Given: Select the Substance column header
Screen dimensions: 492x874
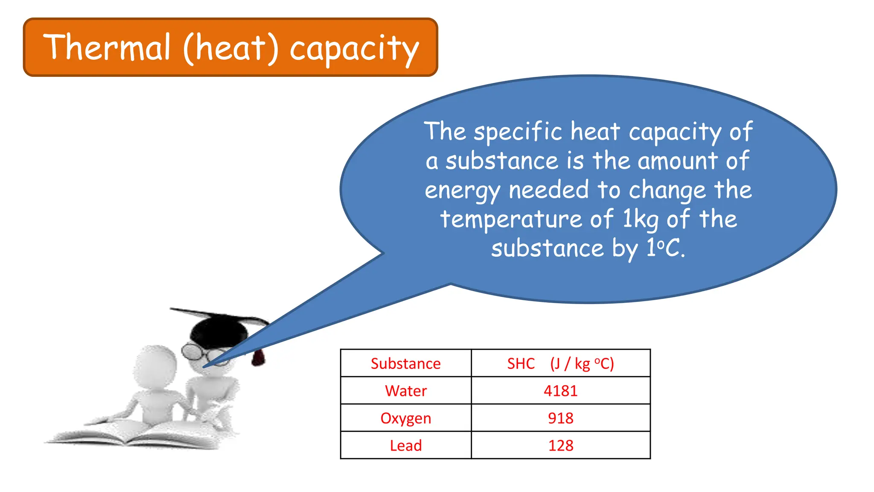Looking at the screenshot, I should [x=405, y=363].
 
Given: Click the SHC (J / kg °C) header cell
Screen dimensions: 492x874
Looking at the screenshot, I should [x=560, y=363].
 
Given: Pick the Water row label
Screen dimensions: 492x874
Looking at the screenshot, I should [x=405, y=391].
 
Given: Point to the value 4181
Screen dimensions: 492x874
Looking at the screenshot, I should [x=560, y=391].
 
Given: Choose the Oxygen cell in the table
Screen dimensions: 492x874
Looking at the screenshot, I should [x=405, y=418].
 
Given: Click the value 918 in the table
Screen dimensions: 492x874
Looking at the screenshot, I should [x=560, y=418].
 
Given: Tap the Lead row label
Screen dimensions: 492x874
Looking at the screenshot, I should [x=405, y=445].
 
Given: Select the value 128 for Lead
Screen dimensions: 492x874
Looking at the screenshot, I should [x=560, y=445].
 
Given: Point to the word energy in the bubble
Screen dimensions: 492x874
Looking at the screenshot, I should [x=462, y=190].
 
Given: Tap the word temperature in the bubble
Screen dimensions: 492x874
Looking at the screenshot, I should [x=511, y=220].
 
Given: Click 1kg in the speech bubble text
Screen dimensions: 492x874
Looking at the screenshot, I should [x=641, y=220].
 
